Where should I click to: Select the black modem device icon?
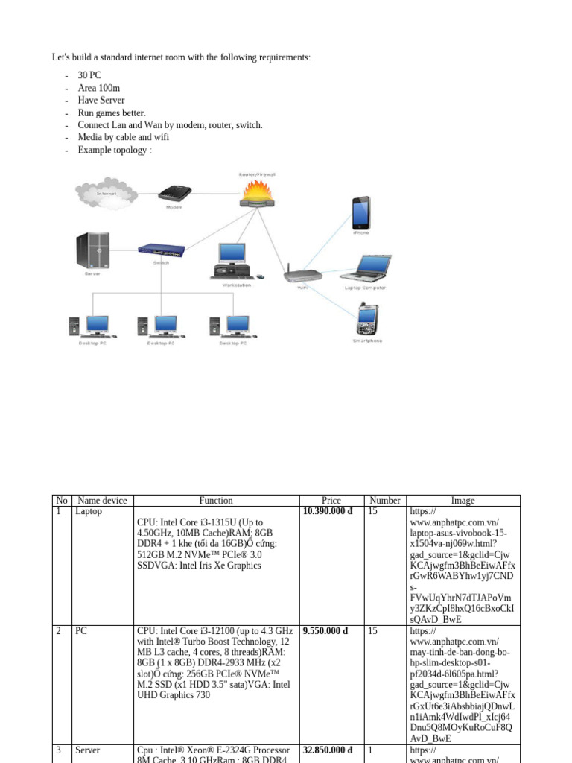coord(174,194)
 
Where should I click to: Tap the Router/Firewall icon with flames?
coord(257,194)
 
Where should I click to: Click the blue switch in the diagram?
coord(161,251)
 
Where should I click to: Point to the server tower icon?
coord(92,250)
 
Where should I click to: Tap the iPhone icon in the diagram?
coord(360,212)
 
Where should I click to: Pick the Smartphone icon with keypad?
coord(366,319)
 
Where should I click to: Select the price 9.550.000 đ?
coord(325,631)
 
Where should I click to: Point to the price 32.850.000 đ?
coord(328,750)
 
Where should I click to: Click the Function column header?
coord(216,501)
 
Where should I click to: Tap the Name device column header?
coord(102,501)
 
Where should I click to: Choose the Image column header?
coord(463,501)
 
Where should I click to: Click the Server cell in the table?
coord(87,750)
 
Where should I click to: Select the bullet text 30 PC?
coord(89,75)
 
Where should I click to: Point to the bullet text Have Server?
coord(101,100)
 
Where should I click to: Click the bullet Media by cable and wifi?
coord(123,137)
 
